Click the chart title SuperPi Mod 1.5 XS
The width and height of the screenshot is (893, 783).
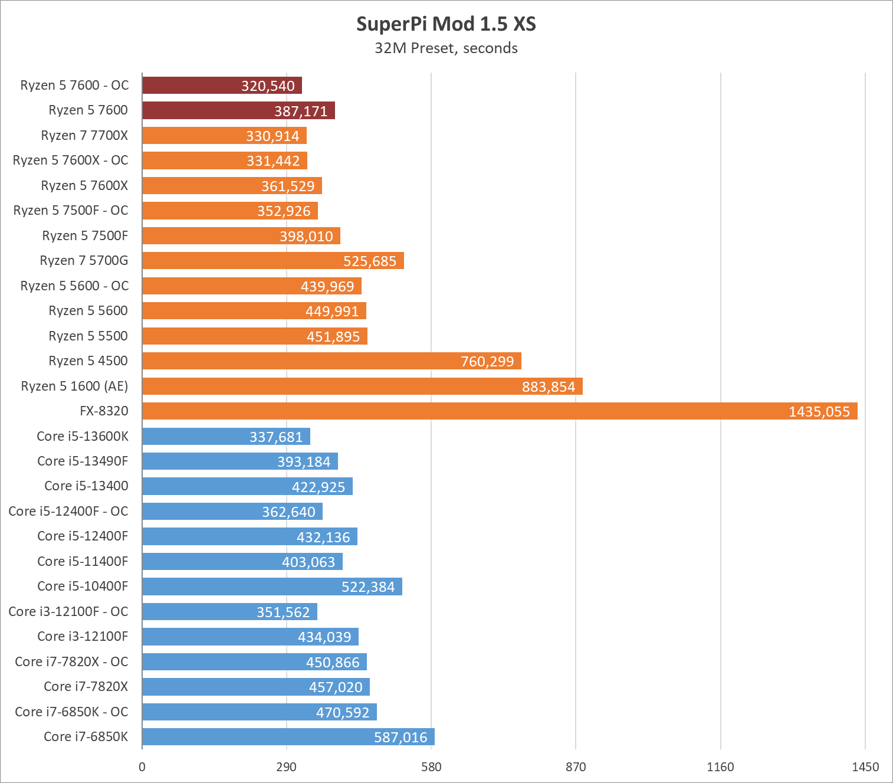446,24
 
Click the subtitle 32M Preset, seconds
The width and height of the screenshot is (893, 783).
446,48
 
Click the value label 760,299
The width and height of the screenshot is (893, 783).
487,362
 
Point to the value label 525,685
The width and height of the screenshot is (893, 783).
370,261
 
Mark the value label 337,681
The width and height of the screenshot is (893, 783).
276,437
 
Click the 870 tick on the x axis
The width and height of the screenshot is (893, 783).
576,767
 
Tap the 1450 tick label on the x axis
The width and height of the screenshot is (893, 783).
865,767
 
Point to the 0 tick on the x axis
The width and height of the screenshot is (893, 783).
142,767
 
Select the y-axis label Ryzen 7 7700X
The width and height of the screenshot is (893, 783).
84,136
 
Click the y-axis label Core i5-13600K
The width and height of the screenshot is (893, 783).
82,437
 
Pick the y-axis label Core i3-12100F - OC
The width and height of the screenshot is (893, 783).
68,612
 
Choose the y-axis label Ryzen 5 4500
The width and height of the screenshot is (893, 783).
88,361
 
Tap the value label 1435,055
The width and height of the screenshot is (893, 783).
819,412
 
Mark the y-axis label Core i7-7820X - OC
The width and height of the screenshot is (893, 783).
71,662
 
